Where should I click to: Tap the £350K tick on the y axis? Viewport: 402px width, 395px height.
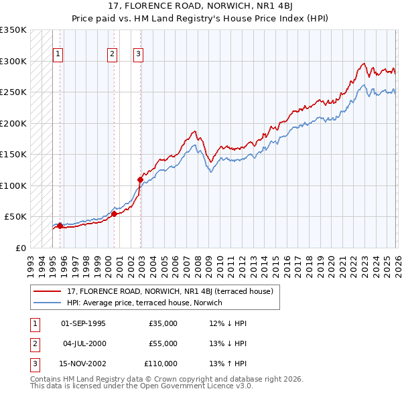pyautogui.click(x=13, y=30)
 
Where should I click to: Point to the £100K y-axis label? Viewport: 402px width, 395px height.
pyautogui.click(x=13, y=185)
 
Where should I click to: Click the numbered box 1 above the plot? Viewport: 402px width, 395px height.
pyautogui.click(x=58, y=55)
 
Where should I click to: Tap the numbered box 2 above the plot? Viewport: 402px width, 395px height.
pyautogui.click(x=112, y=55)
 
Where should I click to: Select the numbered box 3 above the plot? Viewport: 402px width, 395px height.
pyautogui.click(x=138, y=55)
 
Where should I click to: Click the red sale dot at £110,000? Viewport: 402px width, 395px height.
pyautogui.click(x=140, y=179)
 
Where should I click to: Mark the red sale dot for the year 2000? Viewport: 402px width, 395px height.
pyautogui.click(x=114, y=214)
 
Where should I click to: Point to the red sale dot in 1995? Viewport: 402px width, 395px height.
pyautogui.click(x=60, y=226)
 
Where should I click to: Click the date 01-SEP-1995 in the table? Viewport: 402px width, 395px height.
pyautogui.click(x=83, y=323)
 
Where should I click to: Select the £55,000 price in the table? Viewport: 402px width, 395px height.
pyautogui.click(x=163, y=343)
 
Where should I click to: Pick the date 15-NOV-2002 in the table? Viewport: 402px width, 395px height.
pyautogui.click(x=83, y=364)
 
